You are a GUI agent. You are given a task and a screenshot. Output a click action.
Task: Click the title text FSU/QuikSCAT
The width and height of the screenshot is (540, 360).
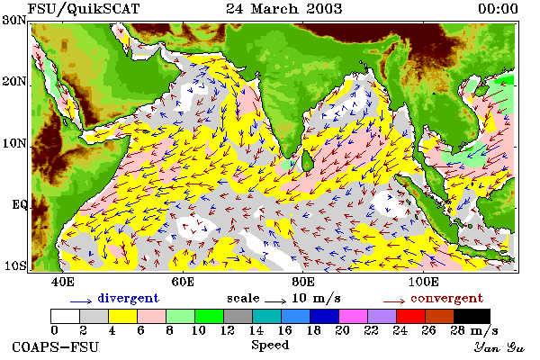tap(84, 9)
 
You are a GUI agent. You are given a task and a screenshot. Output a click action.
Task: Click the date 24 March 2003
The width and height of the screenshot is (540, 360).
tap(284, 9)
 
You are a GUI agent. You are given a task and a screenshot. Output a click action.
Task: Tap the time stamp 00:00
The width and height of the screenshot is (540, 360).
tap(498, 9)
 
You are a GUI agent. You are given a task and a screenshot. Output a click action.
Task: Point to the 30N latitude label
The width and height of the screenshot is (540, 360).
tap(14, 20)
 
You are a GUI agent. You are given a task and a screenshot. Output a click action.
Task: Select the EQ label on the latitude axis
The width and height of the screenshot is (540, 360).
tap(19, 205)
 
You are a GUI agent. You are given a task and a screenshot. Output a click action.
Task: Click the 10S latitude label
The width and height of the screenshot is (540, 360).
tap(15, 266)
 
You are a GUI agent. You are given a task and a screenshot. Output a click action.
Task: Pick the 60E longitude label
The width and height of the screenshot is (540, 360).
tap(183, 282)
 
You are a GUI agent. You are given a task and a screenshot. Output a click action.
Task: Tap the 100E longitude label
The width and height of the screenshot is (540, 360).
tap(424, 282)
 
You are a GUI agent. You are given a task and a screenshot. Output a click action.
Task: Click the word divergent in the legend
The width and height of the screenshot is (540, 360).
tap(128, 298)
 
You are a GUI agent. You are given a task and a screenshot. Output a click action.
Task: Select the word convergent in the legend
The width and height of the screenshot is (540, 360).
tap(446, 298)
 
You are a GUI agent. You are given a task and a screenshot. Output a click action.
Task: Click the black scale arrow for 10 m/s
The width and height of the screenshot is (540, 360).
tap(275, 301)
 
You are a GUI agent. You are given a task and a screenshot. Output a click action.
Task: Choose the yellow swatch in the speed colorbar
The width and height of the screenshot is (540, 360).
tap(122, 316)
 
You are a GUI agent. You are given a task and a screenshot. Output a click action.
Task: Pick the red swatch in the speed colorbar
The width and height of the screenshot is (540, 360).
tap(411, 316)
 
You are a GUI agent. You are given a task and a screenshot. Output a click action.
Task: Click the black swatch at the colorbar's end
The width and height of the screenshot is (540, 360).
tap(472, 316)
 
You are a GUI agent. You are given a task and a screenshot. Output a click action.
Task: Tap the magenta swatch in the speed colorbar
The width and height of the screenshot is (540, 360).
tap(354, 316)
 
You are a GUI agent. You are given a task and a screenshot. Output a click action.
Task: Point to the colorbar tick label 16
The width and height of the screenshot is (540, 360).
tap(284, 330)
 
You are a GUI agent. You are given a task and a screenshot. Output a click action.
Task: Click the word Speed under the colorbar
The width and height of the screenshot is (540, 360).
tap(270, 346)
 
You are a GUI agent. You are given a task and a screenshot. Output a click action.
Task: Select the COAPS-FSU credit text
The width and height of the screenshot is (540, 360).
tap(55, 346)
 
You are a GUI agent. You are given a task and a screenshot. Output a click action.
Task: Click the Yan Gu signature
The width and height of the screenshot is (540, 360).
tap(499, 347)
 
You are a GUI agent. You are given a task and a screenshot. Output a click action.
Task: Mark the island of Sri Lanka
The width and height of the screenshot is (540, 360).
tap(307, 161)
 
